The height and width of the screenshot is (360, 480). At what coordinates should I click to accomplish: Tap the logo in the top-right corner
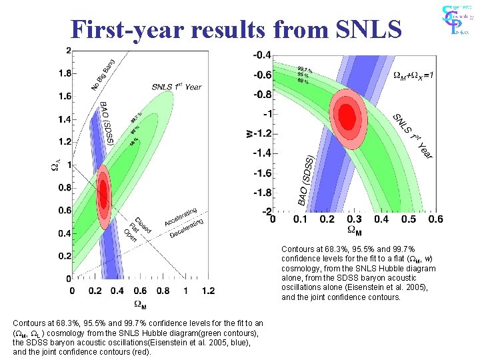[456, 20]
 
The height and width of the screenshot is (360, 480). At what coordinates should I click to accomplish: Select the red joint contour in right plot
[347, 115]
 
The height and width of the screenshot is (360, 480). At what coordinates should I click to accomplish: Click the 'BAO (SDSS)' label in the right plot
[305, 180]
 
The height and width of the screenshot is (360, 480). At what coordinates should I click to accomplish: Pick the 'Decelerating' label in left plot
[186, 228]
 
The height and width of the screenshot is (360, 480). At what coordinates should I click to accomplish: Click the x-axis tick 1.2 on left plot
[207, 290]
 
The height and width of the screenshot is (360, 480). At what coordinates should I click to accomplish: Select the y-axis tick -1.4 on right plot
[262, 153]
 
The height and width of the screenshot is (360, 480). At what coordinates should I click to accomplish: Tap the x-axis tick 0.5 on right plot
[408, 219]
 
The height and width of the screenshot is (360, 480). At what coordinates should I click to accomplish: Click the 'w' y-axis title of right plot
[249, 133]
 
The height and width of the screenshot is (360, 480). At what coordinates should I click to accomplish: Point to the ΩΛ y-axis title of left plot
[55, 165]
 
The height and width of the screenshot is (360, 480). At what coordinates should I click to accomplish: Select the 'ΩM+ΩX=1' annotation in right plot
[413, 75]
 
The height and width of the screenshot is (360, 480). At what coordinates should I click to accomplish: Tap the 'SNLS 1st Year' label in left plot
[176, 87]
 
